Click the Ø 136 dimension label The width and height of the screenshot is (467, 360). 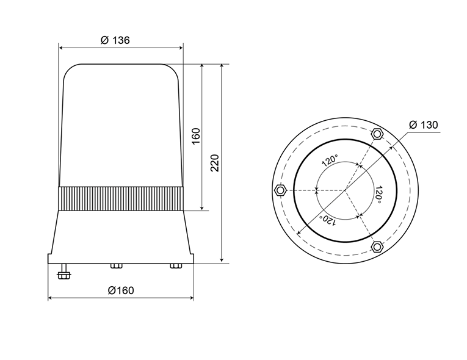tap(115, 40)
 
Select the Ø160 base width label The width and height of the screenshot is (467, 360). tap(121, 290)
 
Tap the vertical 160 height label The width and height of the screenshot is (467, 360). tap(196, 136)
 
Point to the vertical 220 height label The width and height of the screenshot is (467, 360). tap(214, 163)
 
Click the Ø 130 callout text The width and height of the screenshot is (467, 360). tap(424, 124)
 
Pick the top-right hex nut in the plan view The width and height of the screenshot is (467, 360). tap(377, 134)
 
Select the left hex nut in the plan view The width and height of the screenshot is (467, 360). tap(280, 190)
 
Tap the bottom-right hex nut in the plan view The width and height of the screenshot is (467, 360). tap(377, 247)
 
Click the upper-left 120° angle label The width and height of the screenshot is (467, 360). tap(330, 160)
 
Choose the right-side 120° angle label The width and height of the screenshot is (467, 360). tap(378, 195)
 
